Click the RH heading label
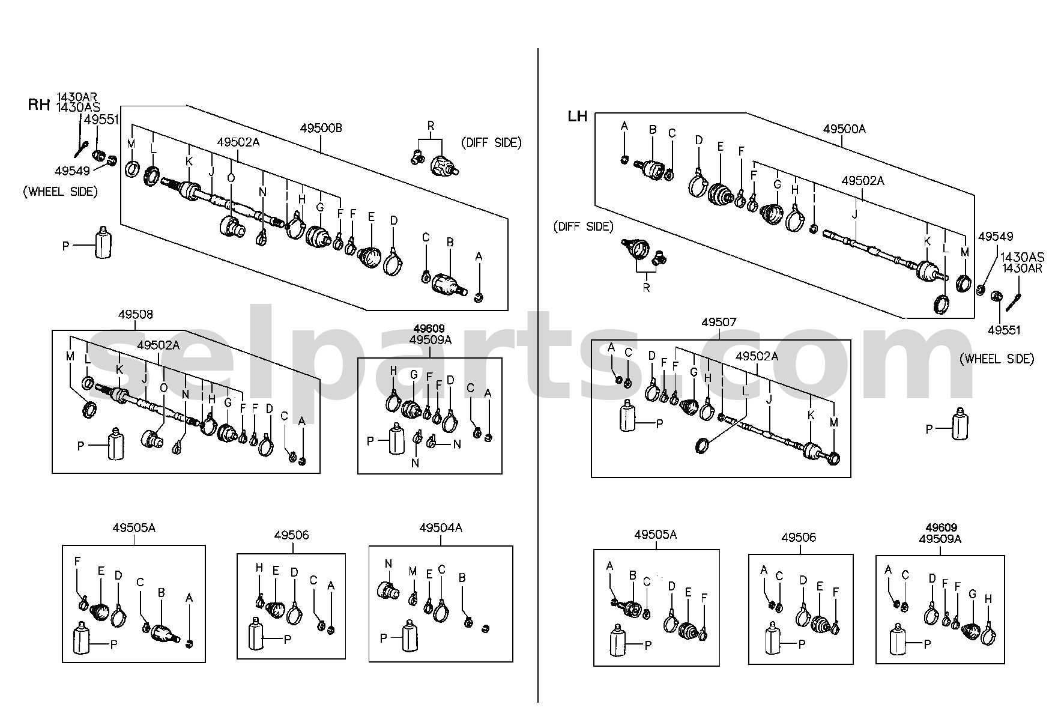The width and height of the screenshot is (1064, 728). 39,105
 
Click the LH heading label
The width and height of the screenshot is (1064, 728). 578,117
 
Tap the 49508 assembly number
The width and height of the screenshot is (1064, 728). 135,314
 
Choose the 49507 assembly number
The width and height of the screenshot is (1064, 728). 719,323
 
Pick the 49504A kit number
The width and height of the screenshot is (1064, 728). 441,528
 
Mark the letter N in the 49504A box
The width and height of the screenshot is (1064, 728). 388,564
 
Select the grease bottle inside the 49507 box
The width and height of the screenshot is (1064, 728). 627,416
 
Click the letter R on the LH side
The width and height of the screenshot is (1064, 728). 646,288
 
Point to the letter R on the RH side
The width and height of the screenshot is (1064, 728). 431,126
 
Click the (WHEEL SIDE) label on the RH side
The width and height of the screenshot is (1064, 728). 60,192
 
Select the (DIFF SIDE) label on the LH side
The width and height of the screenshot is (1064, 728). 584,227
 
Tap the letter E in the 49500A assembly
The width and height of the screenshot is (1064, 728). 721,147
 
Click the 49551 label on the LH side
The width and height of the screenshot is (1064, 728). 1005,330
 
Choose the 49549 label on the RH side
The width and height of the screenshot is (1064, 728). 72,171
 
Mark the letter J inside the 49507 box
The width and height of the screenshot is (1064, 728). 769,399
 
